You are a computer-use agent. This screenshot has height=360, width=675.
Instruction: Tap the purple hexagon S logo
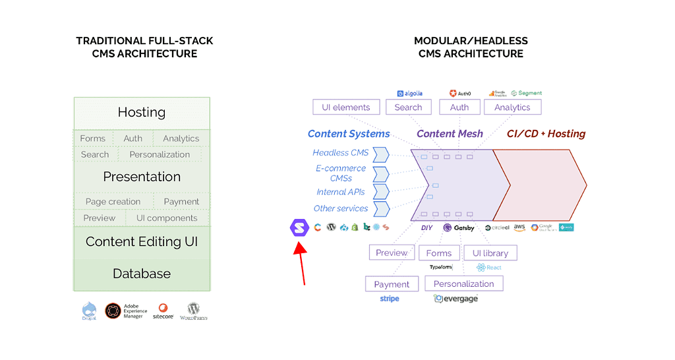tap(299, 227)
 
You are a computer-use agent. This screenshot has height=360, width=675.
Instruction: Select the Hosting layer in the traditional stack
tap(142, 112)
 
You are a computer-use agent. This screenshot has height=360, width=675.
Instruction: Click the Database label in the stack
tap(142, 274)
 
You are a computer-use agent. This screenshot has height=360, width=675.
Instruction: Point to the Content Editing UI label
tap(142, 242)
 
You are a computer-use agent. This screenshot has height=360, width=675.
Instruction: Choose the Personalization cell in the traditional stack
tap(160, 154)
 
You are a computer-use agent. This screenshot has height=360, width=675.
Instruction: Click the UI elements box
tap(346, 107)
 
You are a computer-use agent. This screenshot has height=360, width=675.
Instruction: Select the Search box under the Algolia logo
tap(409, 107)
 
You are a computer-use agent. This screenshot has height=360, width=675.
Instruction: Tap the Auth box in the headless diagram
tap(459, 107)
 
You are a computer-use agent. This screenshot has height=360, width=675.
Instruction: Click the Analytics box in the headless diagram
tap(512, 107)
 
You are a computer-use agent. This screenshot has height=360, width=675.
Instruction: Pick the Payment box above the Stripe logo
tap(392, 284)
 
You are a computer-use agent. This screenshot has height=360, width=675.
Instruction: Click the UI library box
tap(490, 253)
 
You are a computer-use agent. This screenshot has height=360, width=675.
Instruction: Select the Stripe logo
tap(389, 299)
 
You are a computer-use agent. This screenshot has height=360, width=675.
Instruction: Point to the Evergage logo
tap(455, 299)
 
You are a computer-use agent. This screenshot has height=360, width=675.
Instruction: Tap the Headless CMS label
tap(340, 153)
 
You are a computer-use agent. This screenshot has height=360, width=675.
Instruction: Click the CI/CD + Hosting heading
tap(546, 134)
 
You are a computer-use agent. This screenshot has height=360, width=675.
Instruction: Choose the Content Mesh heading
tap(450, 134)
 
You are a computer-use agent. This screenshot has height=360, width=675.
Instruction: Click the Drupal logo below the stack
tap(90, 311)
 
